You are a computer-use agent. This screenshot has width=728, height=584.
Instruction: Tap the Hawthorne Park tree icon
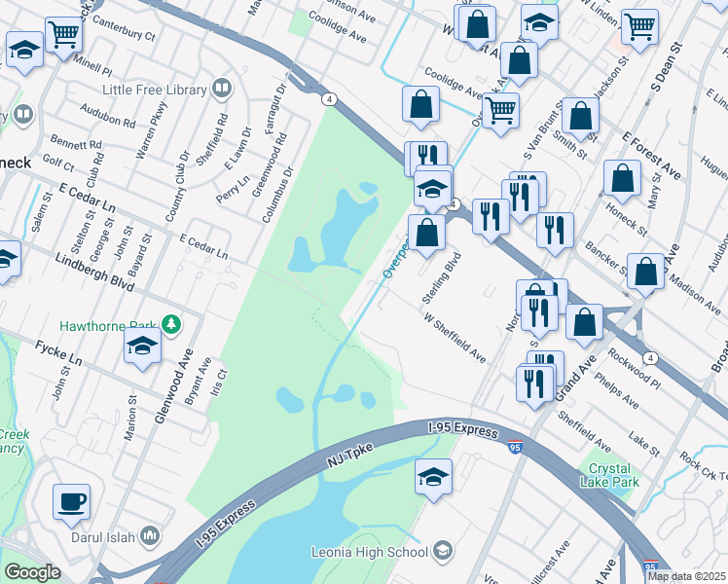click(x=171, y=323)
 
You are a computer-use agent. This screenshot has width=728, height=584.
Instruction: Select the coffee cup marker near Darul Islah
click(x=71, y=502)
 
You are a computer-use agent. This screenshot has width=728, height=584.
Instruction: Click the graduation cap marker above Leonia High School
click(x=433, y=477)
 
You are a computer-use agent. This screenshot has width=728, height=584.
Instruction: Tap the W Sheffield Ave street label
click(x=455, y=337)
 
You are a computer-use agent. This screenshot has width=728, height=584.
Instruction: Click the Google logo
click(x=32, y=572)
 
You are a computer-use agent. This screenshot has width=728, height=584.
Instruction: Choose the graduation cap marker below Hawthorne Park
click(x=143, y=345)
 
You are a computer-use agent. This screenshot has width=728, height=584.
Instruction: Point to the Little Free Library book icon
click(x=223, y=91)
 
